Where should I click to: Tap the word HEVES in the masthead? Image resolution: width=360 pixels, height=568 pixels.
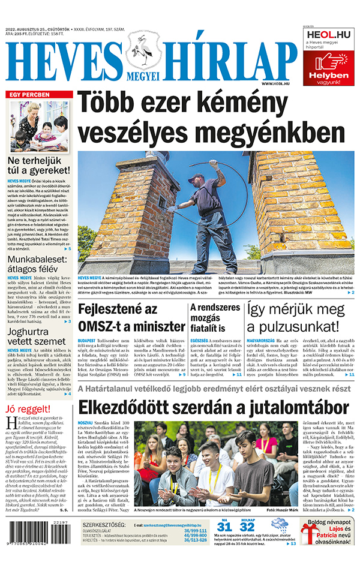(63, 62)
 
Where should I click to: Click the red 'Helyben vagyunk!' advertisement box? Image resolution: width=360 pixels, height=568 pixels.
(328, 68)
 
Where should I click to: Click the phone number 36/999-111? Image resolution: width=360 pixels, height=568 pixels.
(195, 530)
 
